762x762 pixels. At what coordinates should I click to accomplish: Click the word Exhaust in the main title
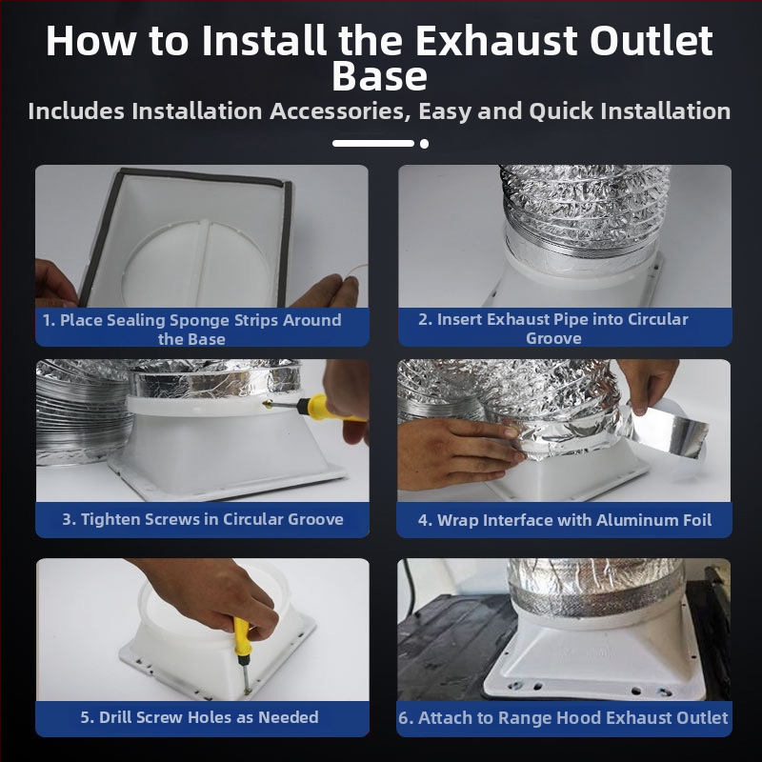coord(495,40)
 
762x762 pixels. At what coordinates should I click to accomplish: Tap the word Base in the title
coord(379,76)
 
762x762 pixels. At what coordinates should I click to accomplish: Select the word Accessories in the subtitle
coord(338,110)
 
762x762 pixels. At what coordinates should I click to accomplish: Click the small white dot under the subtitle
coord(424,144)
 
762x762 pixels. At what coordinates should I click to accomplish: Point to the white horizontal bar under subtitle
coord(373,144)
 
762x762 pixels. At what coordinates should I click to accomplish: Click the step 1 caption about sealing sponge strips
coord(192,329)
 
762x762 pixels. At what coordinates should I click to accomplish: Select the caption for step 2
coord(553,328)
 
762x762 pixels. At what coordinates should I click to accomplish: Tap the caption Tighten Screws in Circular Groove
coord(203,519)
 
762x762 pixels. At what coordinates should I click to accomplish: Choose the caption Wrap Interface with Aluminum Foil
coord(565,520)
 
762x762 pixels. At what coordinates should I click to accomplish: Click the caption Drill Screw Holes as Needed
coord(199,717)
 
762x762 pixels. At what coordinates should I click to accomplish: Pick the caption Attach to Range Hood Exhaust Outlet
coord(563,718)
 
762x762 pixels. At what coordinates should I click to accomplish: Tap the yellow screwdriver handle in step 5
coord(242,635)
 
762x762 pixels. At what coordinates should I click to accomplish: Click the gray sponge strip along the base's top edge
coord(204,177)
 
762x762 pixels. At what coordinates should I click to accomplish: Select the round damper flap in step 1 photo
coord(196,261)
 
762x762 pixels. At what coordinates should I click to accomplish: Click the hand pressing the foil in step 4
coord(457,451)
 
